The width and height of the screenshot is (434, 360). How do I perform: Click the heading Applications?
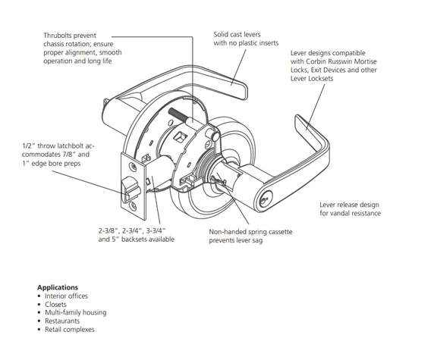click(58, 287)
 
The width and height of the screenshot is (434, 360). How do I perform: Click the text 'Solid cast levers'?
click(241, 34)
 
